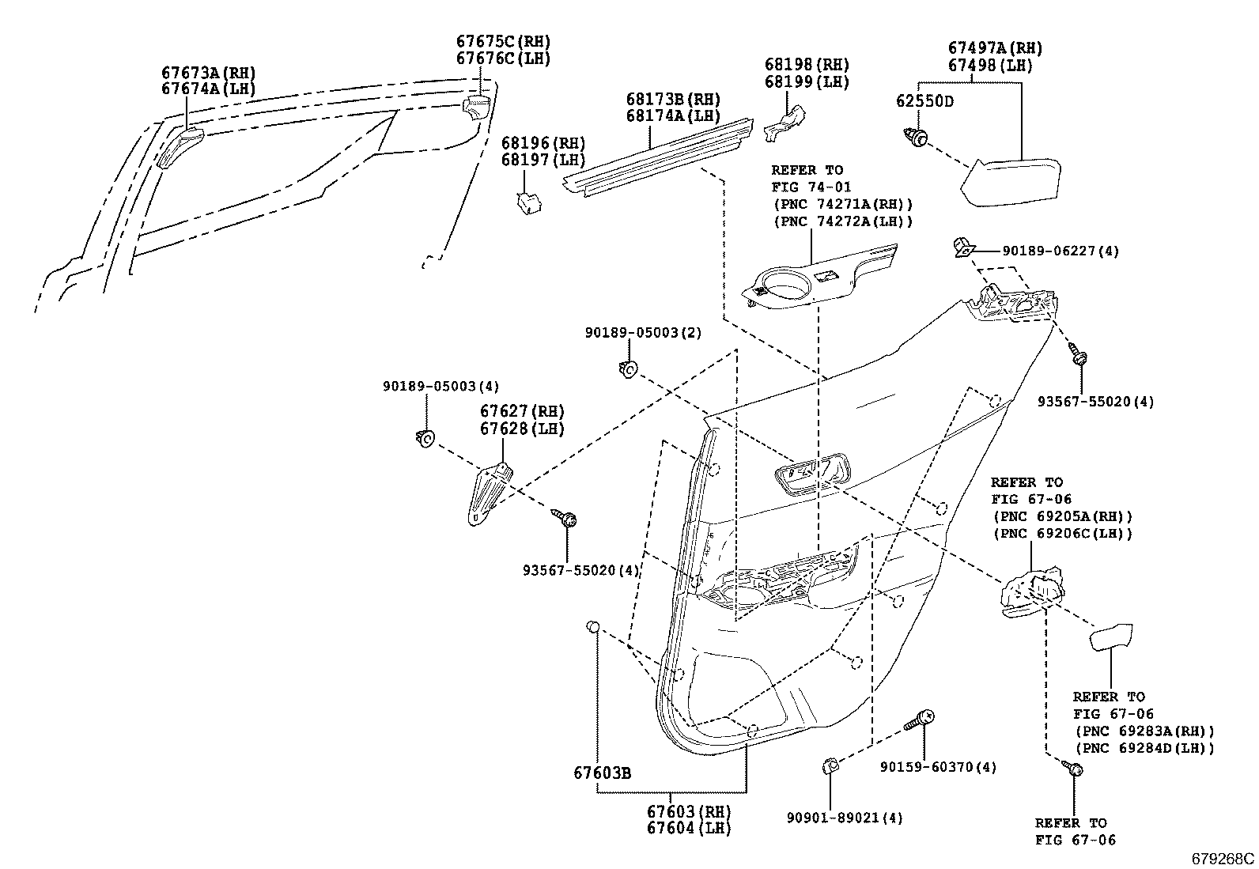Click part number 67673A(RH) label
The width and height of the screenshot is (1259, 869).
pyautogui.click(x=209, y=73)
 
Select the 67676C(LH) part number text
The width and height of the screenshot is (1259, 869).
pyautogui.click(x=503, y=59)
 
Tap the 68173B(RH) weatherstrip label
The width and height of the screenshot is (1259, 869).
pyautogui.click(x=674, y=100)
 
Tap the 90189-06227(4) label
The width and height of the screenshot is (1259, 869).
pyautogui.click(x=1061, y=251)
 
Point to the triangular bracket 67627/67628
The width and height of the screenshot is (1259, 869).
pyautogui.click(x=487, y=494)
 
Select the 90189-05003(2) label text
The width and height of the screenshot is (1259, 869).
pyautogui.click(x=643, y=334)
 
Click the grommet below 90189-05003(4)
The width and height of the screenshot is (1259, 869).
pyautogui.click(x=425, y=436)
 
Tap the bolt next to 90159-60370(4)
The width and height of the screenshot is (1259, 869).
pyautogui.click(x=920, y=720)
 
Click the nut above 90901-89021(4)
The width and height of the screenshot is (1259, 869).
pyautogui.click(x=830, y=765)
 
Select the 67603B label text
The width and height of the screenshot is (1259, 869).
pyautogui.click(x=602, y=773)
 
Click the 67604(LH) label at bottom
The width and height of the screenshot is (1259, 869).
pyautogui.click(x=688, y=828)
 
